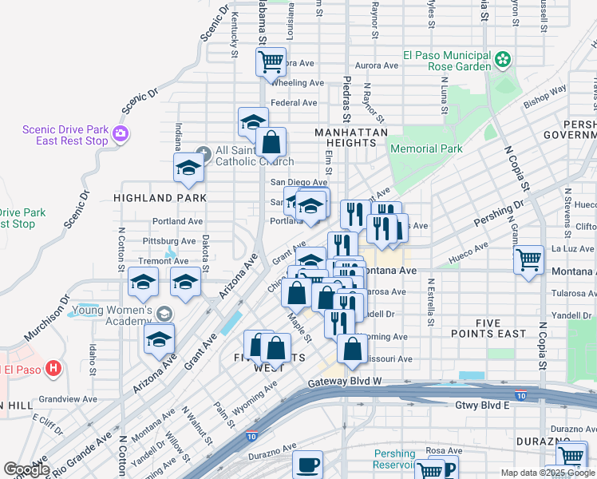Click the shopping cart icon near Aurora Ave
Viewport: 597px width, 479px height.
pyautogui.click(x=271, y=61)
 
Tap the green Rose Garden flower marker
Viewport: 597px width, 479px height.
pyautogui.click(x=503, y=59)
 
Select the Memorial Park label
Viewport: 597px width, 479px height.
pyautogui.click(x=426, y=148)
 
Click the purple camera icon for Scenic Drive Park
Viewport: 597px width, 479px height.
pyautogui.click(x=121, y=133)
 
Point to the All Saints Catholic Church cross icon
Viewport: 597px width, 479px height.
pyautogui.click(x=204, y=151)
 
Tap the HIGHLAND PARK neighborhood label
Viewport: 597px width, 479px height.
pyautogui.click(x=160, y=197)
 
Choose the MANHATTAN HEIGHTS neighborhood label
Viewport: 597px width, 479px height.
pyautogui.click(x=351, y=137)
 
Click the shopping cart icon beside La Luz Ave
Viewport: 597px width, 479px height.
pyautogui.click(x=528, y=259)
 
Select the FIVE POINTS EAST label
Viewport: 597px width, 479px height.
pyautogui.click(x=488, y=328)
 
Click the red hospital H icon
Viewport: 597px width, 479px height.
pyautogui.click(x=53, y=368)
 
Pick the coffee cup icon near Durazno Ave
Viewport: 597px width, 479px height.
pyautogui.click(x=307, y=465)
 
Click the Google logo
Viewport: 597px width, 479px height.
pyautogui.click(x=26, y=469)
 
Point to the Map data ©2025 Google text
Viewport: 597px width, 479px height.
pyautogui.click(x=546, y=473)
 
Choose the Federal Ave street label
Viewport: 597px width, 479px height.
pyautogui.click(x=294, y=103)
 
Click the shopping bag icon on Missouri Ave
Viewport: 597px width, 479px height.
pyautogui.click(x=352, y=348)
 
